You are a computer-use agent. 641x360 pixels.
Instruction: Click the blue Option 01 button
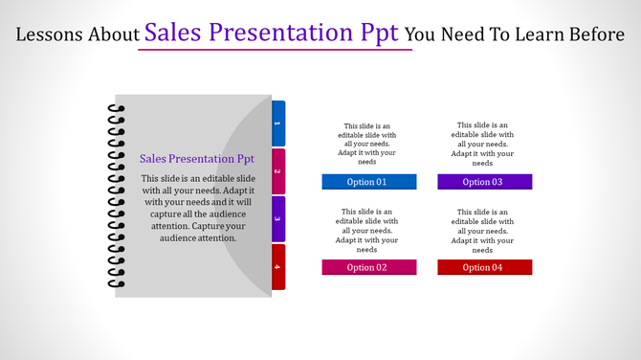tap(368, 182)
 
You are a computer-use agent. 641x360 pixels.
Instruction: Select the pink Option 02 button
tap(368, 267)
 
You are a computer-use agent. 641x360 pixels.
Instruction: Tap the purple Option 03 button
tap(484, 182)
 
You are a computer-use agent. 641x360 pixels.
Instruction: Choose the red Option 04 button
tap(484, 267)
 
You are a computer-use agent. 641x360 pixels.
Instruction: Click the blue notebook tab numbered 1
tap(278, 124)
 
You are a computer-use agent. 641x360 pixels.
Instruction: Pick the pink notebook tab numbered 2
tap(278, 172)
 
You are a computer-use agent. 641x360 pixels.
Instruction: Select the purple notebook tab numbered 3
tap(278, 219)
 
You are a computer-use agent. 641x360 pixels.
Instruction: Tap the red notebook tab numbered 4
tap(278, 266)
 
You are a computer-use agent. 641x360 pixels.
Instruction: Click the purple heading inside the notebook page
tap(196, 159)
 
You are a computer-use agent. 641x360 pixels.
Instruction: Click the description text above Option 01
tap(368, 144)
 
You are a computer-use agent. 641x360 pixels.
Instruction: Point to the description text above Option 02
tap(368, 230)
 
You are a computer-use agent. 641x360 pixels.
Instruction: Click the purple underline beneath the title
tap(275, 50)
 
